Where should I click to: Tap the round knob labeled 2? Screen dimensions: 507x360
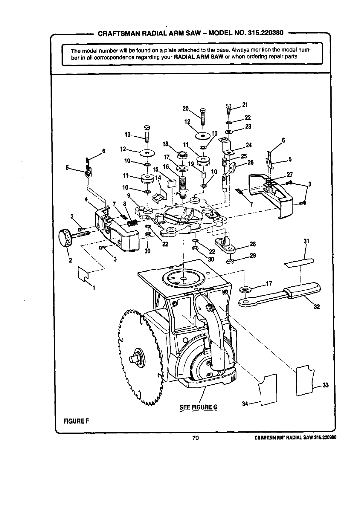click(x=66, y=237)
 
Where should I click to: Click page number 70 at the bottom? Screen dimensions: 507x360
click(x=196, y=438)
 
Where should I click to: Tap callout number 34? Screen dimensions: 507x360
click(x=245, y=404)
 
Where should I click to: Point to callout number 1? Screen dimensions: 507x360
click(x=94, y=288)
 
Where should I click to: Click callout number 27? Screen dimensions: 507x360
click(x=289, y=174)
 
